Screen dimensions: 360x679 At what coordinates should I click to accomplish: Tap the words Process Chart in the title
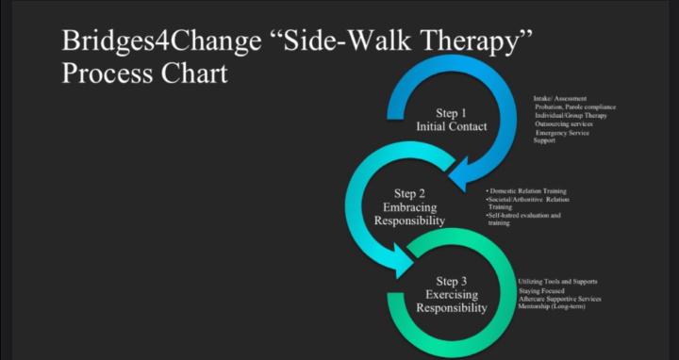pyautogui.click(x=144, y=74)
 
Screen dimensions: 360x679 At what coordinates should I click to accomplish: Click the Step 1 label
pyautogui.click(x=451, y=113)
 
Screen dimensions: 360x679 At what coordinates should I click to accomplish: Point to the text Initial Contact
pyautogui.click(x=451, y=126)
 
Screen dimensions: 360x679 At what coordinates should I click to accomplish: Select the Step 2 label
pyautogui.click(x=409, y=194)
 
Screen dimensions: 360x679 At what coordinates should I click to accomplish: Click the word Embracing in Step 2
pyautogui.click(x=409, y=207)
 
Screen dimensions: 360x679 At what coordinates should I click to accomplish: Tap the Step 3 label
pyautogui.click(x=451, y=281)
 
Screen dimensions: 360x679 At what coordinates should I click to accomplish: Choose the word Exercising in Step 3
pyautogui.click(x=451, y=294)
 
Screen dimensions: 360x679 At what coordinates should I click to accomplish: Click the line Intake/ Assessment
pyautogui.click(x=560, y=99)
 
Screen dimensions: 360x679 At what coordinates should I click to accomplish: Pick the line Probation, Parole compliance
pyautogui.click(x=575, y=107)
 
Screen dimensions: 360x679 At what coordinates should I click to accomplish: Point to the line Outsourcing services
pyautogui.click(x=564, y=124)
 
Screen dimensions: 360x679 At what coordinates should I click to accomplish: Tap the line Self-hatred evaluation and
pyautogui.click(x=524, y=215)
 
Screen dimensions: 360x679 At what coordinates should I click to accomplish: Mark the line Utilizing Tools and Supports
pyautogui.click(x=557, y=282)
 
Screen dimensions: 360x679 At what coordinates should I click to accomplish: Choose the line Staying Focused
pyautogui.click(x=540, y=291)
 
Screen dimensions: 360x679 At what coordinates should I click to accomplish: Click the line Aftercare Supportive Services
pyautogui.click(x=559, y=300)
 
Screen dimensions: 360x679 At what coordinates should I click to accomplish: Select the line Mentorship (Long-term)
pyautogui.click(x=553, y=308)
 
